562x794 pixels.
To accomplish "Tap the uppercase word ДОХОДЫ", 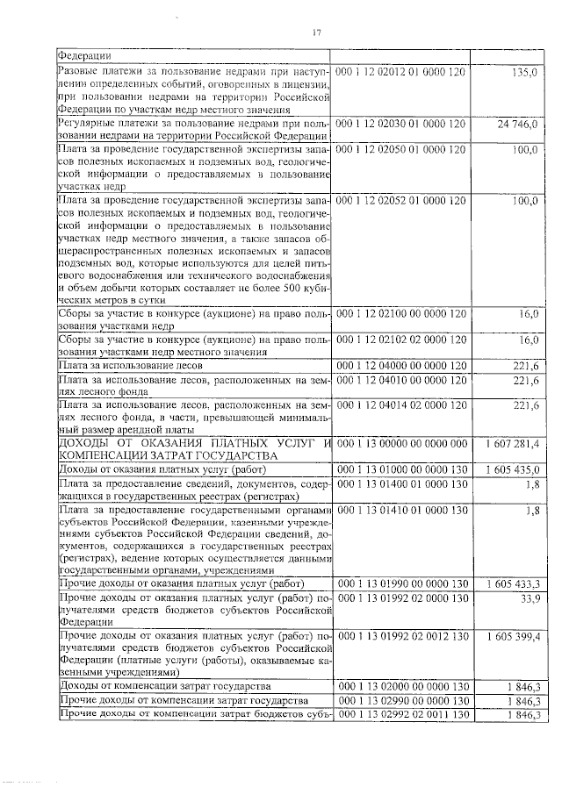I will tap(83, 446).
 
